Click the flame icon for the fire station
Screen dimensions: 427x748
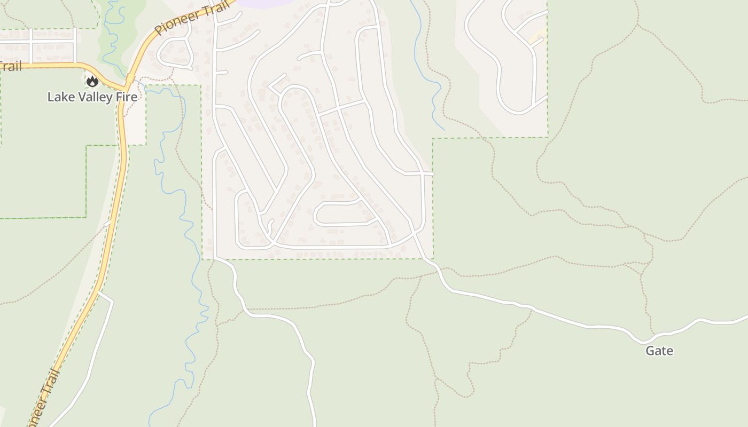coord(92,82)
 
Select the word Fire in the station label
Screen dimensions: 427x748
coord(127,97)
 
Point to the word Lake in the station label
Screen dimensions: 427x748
coord(59,97)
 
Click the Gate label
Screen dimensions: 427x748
coord(659,351)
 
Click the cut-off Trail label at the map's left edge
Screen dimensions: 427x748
coord(11,67)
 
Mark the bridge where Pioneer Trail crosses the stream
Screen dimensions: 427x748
coord(130,79)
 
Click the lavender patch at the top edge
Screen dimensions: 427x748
coord(262,3)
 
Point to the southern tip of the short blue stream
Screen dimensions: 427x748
coord(444,130)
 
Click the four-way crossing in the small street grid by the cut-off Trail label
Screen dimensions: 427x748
coord(32,42)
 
